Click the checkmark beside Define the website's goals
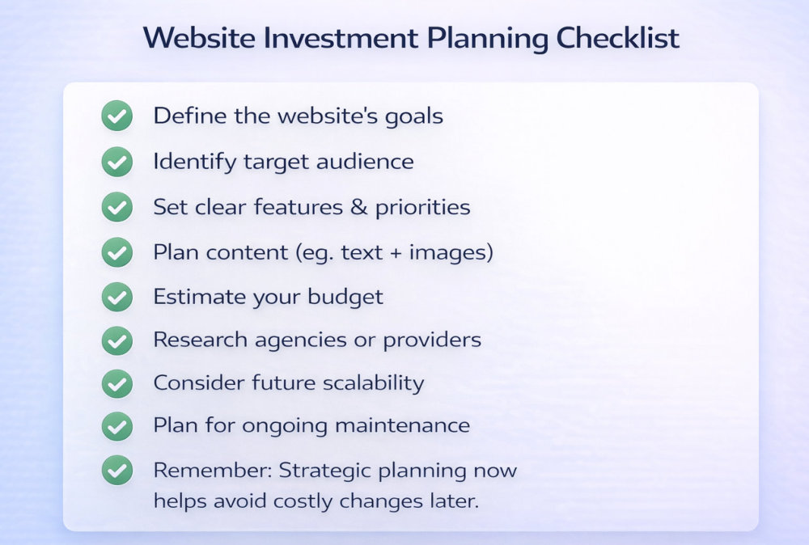point(117,116)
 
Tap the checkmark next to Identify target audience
point(117,162)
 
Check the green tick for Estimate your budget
point(117,297)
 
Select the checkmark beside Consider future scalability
point(117,383)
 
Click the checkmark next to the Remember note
point(117,471)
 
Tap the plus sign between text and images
point(395,253)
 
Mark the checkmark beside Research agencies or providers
point(117,340)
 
